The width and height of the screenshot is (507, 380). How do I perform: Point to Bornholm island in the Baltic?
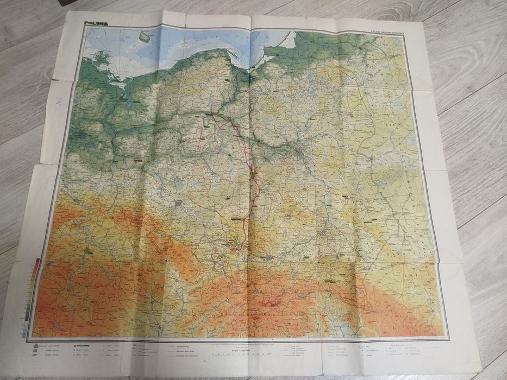[145, 37]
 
